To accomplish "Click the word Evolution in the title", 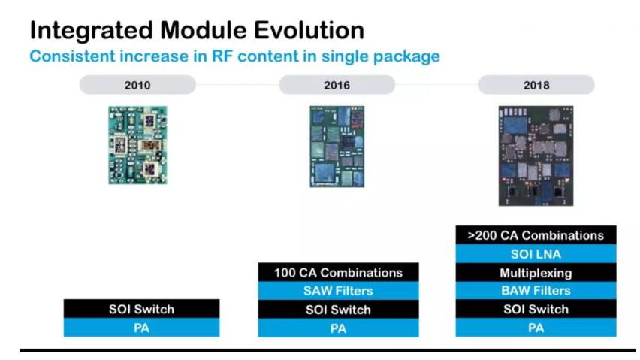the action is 309,30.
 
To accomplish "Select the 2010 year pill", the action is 137,85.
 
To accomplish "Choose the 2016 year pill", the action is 337,85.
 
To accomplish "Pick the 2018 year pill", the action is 536,85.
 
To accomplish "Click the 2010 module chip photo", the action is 137,145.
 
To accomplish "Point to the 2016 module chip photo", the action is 337,146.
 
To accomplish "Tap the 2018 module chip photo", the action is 536,156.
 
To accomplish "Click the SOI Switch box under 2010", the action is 142,309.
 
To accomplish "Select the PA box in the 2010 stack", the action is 142,328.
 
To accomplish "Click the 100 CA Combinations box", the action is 338,272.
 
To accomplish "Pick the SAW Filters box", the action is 338,291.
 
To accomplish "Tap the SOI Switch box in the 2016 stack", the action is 338,310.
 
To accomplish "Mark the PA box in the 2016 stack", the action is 338,328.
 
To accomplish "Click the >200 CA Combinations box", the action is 536,235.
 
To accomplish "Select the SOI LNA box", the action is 536,254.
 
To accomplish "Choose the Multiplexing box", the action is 536,272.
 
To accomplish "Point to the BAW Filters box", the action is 536,291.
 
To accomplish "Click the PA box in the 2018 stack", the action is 536,328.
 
